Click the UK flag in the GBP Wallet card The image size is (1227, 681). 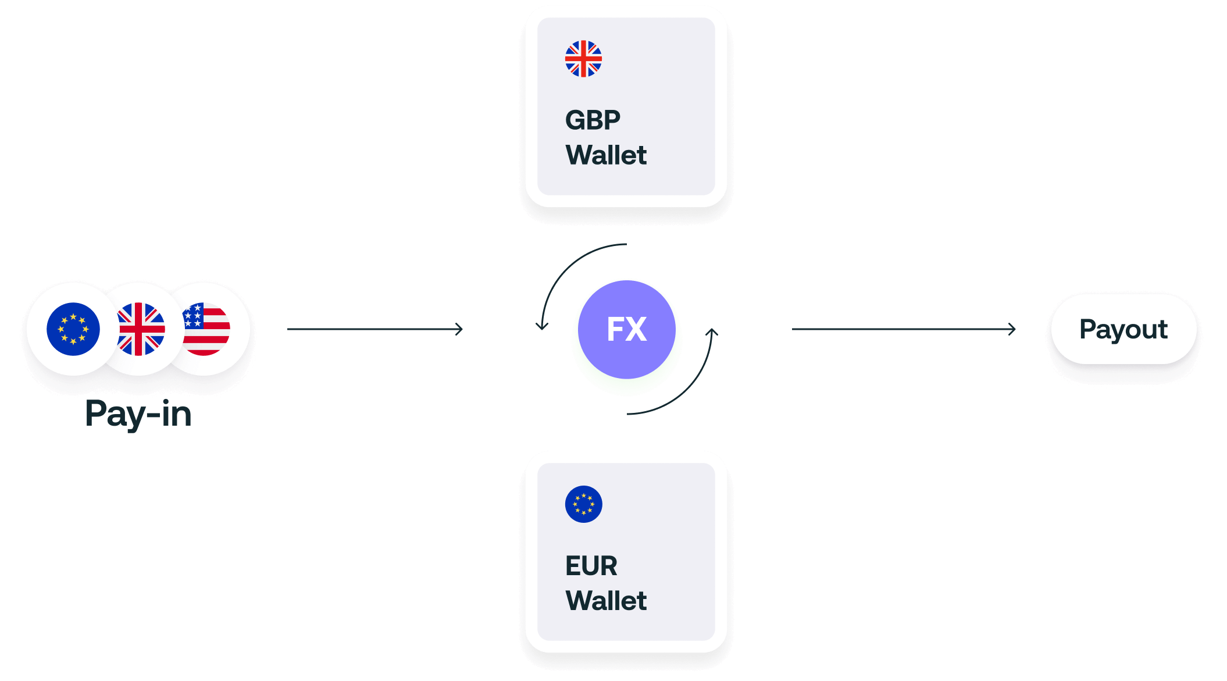pyautogui.click(x=583, y=59)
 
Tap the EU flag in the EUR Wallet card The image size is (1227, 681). pyautogui.click(x=583, y=504)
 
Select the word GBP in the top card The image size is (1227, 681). pyautogui.click(x=593, y=120)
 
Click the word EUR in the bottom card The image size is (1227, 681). pyautogui.click(x=591, y=566)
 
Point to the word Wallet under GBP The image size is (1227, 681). pyautogui.click(x=605, y=155)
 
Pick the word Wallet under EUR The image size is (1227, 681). pyautogui.click(x=605, y=601)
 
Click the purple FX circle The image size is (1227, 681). pyautogui.click(x=627, y=329)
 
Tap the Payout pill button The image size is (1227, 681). pyautogui.click(x=1123, y=329)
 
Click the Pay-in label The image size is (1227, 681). pyautogui.click(x=138, y=414)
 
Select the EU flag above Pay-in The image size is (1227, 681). pyautogui.click(x=73, y=329)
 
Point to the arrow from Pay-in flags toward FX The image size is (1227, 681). pyautogui.click(x=375, y=329)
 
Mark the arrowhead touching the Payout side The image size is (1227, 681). pyautogui.click(x=1012, y=329)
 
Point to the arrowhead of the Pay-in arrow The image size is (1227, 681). pyautogui.click(x=459, y=329)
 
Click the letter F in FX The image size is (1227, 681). pyautogui.click(x=615, y=329)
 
